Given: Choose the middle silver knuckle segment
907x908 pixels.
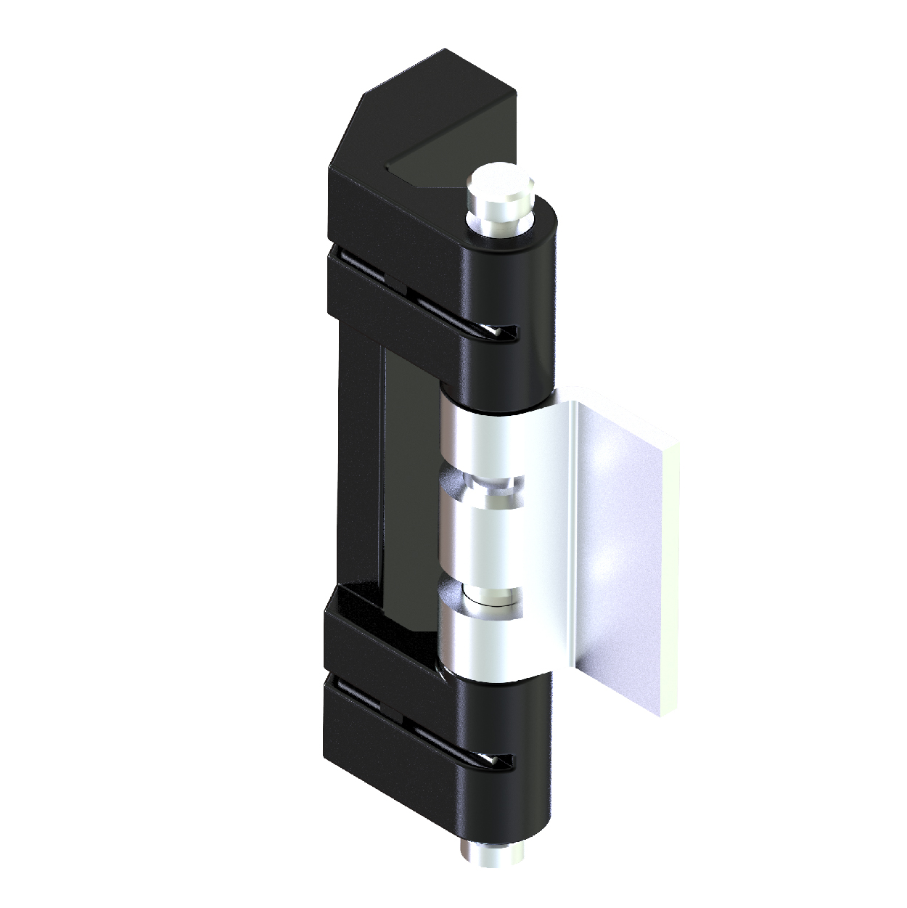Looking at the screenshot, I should click(x=483, y=541).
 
